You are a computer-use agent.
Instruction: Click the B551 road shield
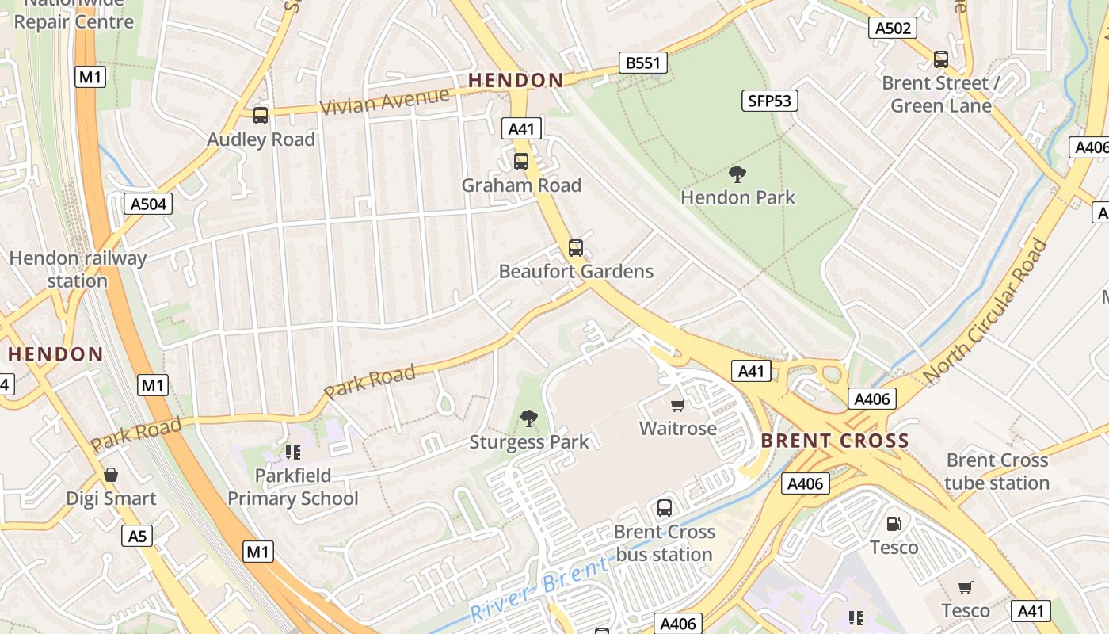pyautogui.click(x=642, y=63)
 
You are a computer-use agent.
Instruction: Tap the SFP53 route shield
pyautogui.click(x=770, y=101)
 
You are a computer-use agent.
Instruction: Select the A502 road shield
pyautogui.click(x=892, y=29)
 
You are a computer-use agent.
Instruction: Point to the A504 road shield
pyautogui.click(x=149, y=204)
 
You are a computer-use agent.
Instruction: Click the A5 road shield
pyautogui.click(x=138, y=537)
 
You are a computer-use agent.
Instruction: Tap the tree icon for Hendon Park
pyautogui.click(x=737, y=174)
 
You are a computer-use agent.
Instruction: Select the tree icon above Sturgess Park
pyautogui.click(x=528, y=418)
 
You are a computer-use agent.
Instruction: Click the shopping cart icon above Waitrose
pyautogui.click(x=677, y=406)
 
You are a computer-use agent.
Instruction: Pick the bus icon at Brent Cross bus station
pyautogui.click(x=664, y=508)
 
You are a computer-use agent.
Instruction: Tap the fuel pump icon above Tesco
pyautogui.click(x=894, y=524)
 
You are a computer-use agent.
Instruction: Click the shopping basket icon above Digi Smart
pyautogui.click(x=111, y=475)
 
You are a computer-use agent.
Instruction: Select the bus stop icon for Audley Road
pyautogui.click(x=261, y=116)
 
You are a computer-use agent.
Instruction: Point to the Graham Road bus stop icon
pyautogui.click(x=520, y=162)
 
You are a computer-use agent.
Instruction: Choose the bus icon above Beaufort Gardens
pyautogui.click(x=576, y=248)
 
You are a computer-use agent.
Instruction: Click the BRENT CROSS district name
pyautogui.click(x=835, y=441)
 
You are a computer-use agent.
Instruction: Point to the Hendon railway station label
pyautogui.click(x=78, y=269)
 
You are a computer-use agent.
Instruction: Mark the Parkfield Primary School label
pyautogui.click(x=293, y=487)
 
